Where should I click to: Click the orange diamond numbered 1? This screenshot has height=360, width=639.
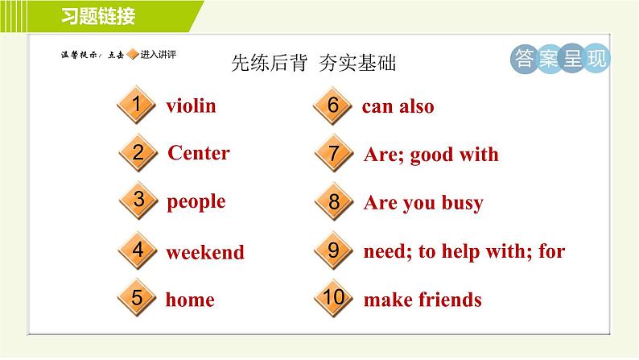137,105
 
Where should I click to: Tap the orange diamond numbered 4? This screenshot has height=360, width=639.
138,250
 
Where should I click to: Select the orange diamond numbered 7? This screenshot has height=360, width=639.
334,153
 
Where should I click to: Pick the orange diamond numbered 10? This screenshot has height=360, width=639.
334,298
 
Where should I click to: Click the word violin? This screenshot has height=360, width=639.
191,106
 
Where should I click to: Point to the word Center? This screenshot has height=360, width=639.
199,153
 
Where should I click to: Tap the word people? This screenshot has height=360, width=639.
196,202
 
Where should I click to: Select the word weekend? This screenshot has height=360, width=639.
205,252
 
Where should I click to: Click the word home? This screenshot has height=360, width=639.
190,300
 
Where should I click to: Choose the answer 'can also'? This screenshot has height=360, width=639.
398,106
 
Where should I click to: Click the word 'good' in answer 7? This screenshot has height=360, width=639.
431,155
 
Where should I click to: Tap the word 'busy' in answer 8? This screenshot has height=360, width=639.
463,203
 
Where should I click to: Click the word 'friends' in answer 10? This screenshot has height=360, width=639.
451,300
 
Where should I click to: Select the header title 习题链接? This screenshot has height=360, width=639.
98,16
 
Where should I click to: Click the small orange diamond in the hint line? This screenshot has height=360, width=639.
133,54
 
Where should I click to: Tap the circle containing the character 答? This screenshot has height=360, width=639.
524,59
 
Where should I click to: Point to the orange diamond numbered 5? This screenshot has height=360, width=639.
137,297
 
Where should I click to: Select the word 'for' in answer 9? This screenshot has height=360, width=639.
552,250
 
